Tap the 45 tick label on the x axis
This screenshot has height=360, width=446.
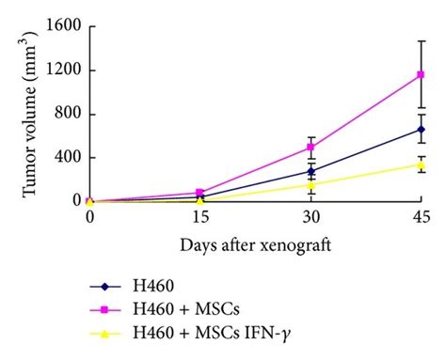[422, 217]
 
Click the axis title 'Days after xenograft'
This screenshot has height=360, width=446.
[255, 244]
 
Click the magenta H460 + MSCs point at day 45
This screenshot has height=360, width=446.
[422, 75]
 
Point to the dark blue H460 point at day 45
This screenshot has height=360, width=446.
[422, 130]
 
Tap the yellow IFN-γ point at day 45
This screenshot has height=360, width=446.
[422, 164]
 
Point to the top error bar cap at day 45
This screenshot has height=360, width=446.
[422, 41]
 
